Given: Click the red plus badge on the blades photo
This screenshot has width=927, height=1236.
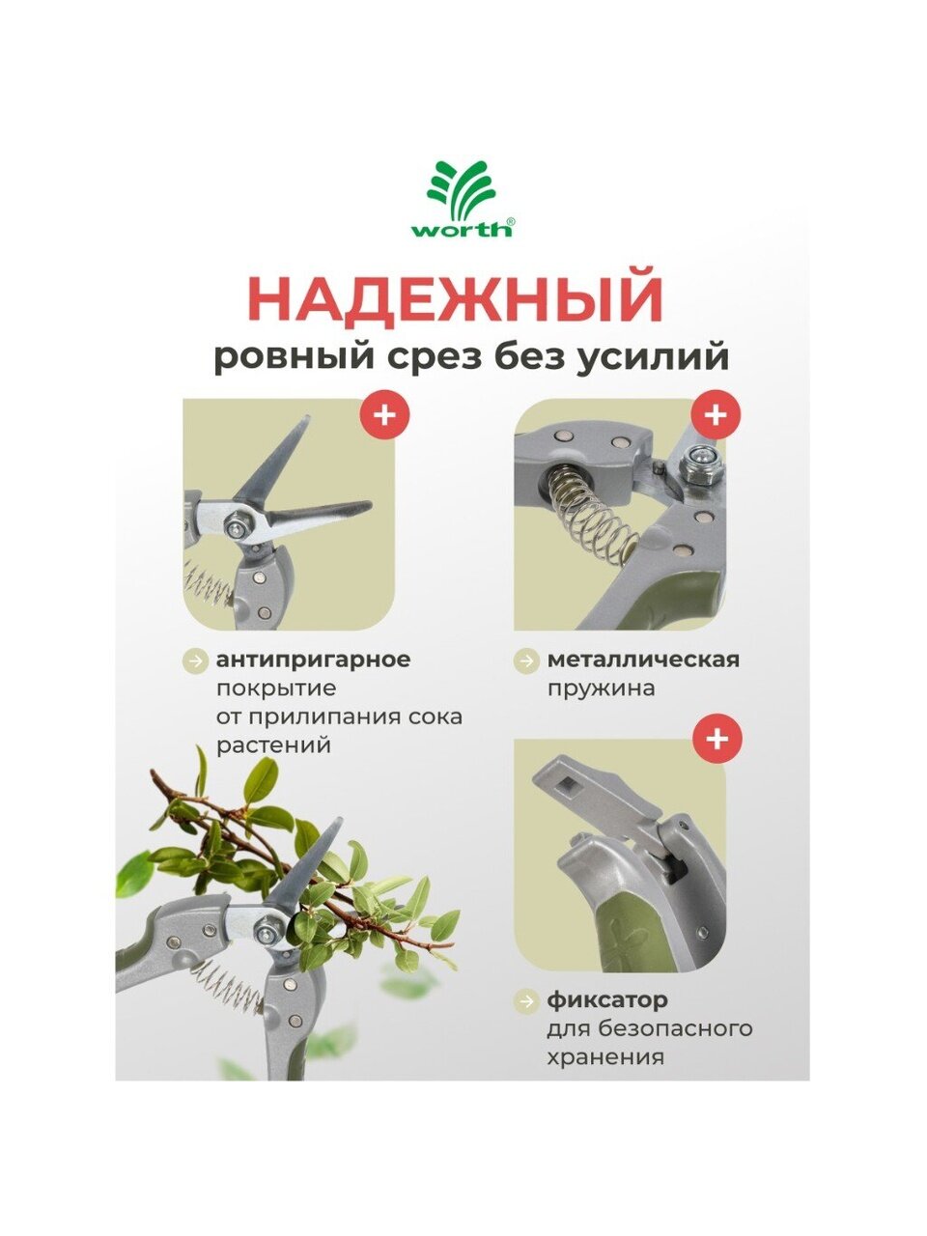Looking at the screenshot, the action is click(385, 415).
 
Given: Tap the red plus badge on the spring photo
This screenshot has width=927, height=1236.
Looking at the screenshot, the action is click(716, 415).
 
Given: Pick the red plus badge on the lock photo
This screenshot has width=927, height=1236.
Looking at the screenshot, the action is click(716, 739).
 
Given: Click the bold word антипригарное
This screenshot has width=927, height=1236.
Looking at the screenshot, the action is click(314, 660).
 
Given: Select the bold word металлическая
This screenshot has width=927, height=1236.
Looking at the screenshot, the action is click(643, 660).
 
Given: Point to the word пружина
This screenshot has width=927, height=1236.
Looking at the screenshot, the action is click(602, 689).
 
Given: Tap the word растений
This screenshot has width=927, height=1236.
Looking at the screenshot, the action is click(273, 746).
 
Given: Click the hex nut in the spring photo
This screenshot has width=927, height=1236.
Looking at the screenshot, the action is click(701, 463).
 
